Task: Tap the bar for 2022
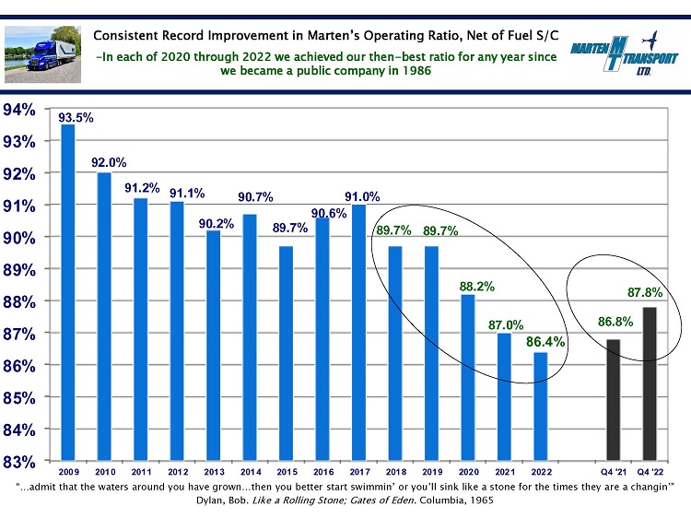tap(540, 406)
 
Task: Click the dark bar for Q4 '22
tap(650, 383)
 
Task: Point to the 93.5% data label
tap(75, 118)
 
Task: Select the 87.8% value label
tap(645, 293)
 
